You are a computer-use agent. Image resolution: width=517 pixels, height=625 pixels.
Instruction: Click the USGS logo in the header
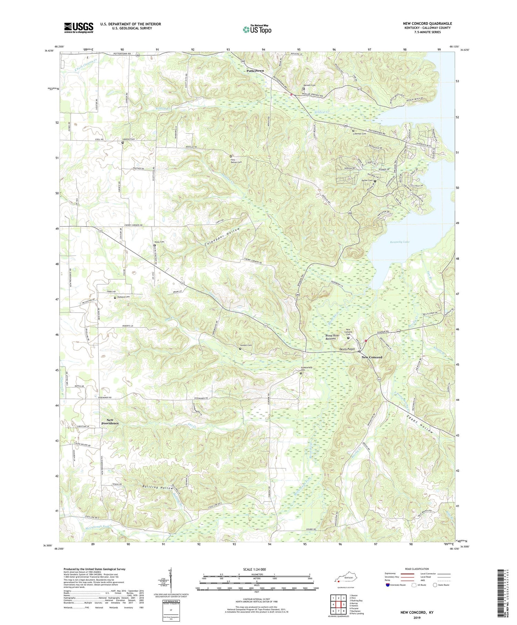click(79, 28)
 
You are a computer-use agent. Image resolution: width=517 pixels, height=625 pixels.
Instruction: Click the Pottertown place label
click(255, 71)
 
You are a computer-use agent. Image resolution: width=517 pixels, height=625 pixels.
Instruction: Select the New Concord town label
click(372, 357)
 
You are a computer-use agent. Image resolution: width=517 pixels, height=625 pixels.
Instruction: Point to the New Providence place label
click(110, 421)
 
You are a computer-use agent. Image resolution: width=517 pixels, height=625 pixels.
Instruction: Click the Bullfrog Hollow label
click(157, 488)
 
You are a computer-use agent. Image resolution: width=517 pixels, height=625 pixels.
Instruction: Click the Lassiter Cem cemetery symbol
click(122, 142)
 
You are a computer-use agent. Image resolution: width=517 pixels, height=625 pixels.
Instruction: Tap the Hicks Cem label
click(159, 242)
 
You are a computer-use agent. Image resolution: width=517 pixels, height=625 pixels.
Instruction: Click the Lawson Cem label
click(246, 345)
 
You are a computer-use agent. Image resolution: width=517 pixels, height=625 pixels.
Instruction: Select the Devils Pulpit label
click(347, 349)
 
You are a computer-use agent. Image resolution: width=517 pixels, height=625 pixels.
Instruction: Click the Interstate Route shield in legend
click(388, 585)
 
